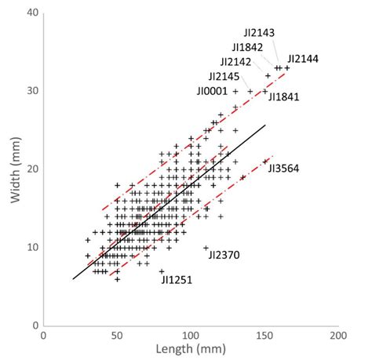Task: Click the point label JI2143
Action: click(x=259, y=34)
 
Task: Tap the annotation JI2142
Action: click(x=235, y=62)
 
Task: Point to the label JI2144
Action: click(x=304, y=59)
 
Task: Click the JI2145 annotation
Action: click(x=225, y=76)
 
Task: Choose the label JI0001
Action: click(x=213, y=91)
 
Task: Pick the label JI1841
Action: click(x=284, y=96)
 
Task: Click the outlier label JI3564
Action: click(x=284, y=168)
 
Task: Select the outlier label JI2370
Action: click(x=224, y=254)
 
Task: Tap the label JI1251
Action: click(x=177, y=278)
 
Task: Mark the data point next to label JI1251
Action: click(x=162, y=271)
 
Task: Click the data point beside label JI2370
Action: click(x=206, y=248)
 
